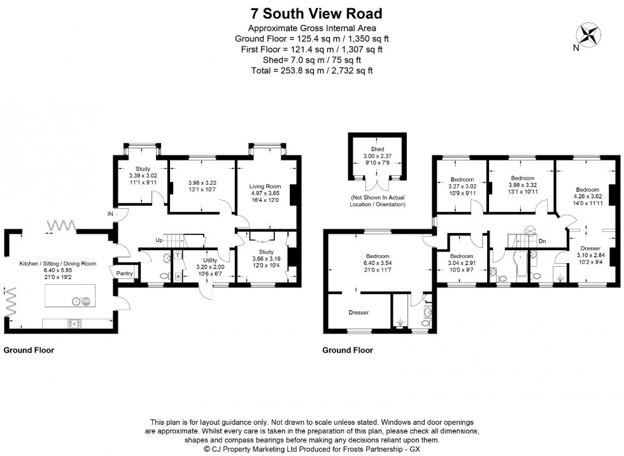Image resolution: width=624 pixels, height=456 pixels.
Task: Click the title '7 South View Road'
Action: (x=311, y=13)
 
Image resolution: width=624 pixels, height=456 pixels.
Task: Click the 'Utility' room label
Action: (x=211, y=260)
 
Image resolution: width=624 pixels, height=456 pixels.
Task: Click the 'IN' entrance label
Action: (x=110, y=215)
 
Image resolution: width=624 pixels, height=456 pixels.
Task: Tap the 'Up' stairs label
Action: (x=159, y=240)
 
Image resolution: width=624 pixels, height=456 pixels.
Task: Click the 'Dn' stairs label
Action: (x=542, y=241)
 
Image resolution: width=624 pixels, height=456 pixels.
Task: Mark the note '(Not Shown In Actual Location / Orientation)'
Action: (x=377, y=201)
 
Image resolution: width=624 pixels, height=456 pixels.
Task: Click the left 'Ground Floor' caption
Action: (x=29, y=350)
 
